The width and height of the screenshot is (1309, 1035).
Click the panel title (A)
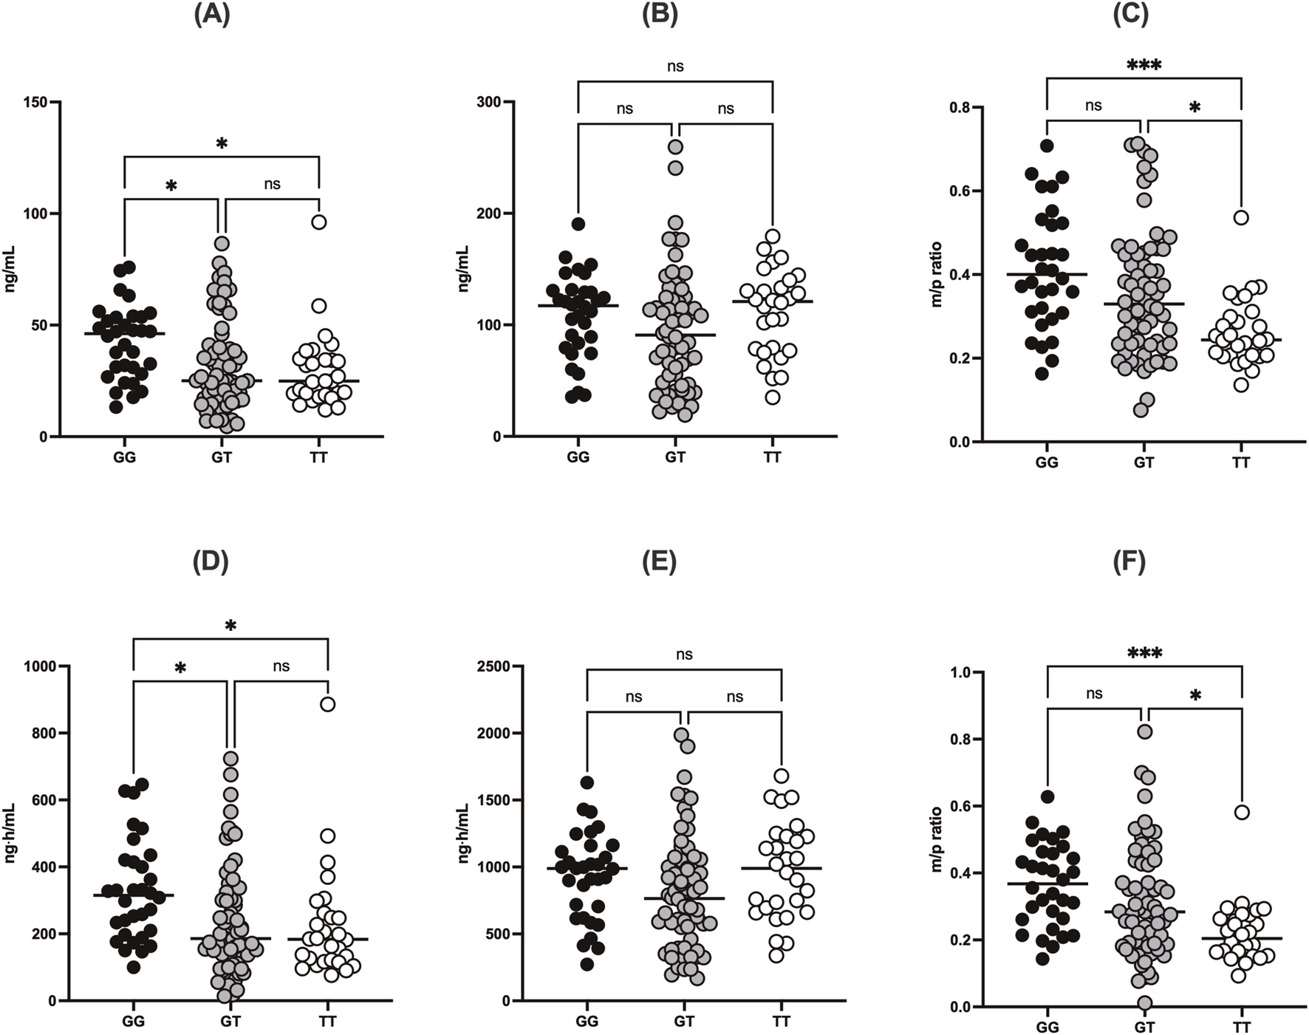pos(211,15)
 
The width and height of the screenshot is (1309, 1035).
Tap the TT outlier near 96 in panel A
pos(318,222)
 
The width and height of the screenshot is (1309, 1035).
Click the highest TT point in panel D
pos(327,704)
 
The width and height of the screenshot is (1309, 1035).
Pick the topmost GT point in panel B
pos(675,147)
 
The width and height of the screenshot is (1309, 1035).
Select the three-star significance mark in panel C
pos(1144,66)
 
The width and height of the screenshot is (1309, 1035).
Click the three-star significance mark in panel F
pos(1144,654)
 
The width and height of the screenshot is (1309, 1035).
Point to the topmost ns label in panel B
pos(675,66)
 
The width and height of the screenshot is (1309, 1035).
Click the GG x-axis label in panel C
pos(1047,463)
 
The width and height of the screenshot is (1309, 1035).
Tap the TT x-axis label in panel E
pos(781,1022)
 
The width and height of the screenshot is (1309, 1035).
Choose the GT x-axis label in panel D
pos(230,1022)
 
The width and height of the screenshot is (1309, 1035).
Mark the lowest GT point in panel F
pos(1144,1003)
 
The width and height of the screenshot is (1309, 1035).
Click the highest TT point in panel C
pos(1241,217)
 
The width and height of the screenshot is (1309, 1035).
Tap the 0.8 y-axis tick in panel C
pos(958,108)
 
